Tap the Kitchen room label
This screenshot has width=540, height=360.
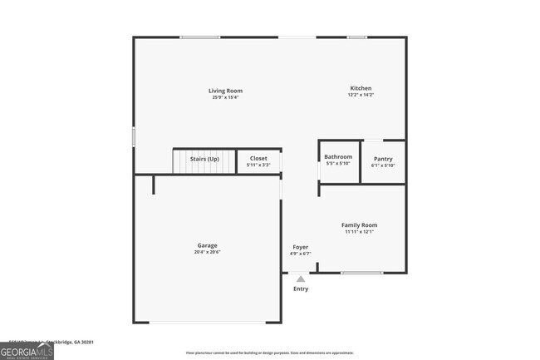[x=361, y=88]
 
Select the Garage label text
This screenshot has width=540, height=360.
[x=207, y=245]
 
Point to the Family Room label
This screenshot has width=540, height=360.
[x=360, y=225]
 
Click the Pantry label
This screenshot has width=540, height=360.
[x=383, y=159]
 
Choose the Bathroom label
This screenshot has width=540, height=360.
[x=338, y=156]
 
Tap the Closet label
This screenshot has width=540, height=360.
[x=258, y=158]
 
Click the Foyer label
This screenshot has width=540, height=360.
[x=301, y=248]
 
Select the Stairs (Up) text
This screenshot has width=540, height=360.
[x=204, y=158]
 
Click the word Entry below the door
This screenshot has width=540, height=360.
[x=301, y=288]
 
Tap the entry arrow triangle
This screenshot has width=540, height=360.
[x=301, y=279]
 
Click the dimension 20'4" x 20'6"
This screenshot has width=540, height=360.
[x=207, y=253]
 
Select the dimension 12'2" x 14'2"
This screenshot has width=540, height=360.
[x=361, y=95]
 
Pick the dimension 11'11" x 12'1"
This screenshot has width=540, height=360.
[x=360, y=232]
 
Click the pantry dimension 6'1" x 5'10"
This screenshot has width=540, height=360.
[x=383, y=165]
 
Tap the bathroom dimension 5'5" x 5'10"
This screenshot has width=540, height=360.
[x=338, y=163]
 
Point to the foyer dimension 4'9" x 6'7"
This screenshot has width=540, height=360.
[x=301, y=254]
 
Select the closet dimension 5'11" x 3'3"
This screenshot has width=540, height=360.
[x=258, y=165]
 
